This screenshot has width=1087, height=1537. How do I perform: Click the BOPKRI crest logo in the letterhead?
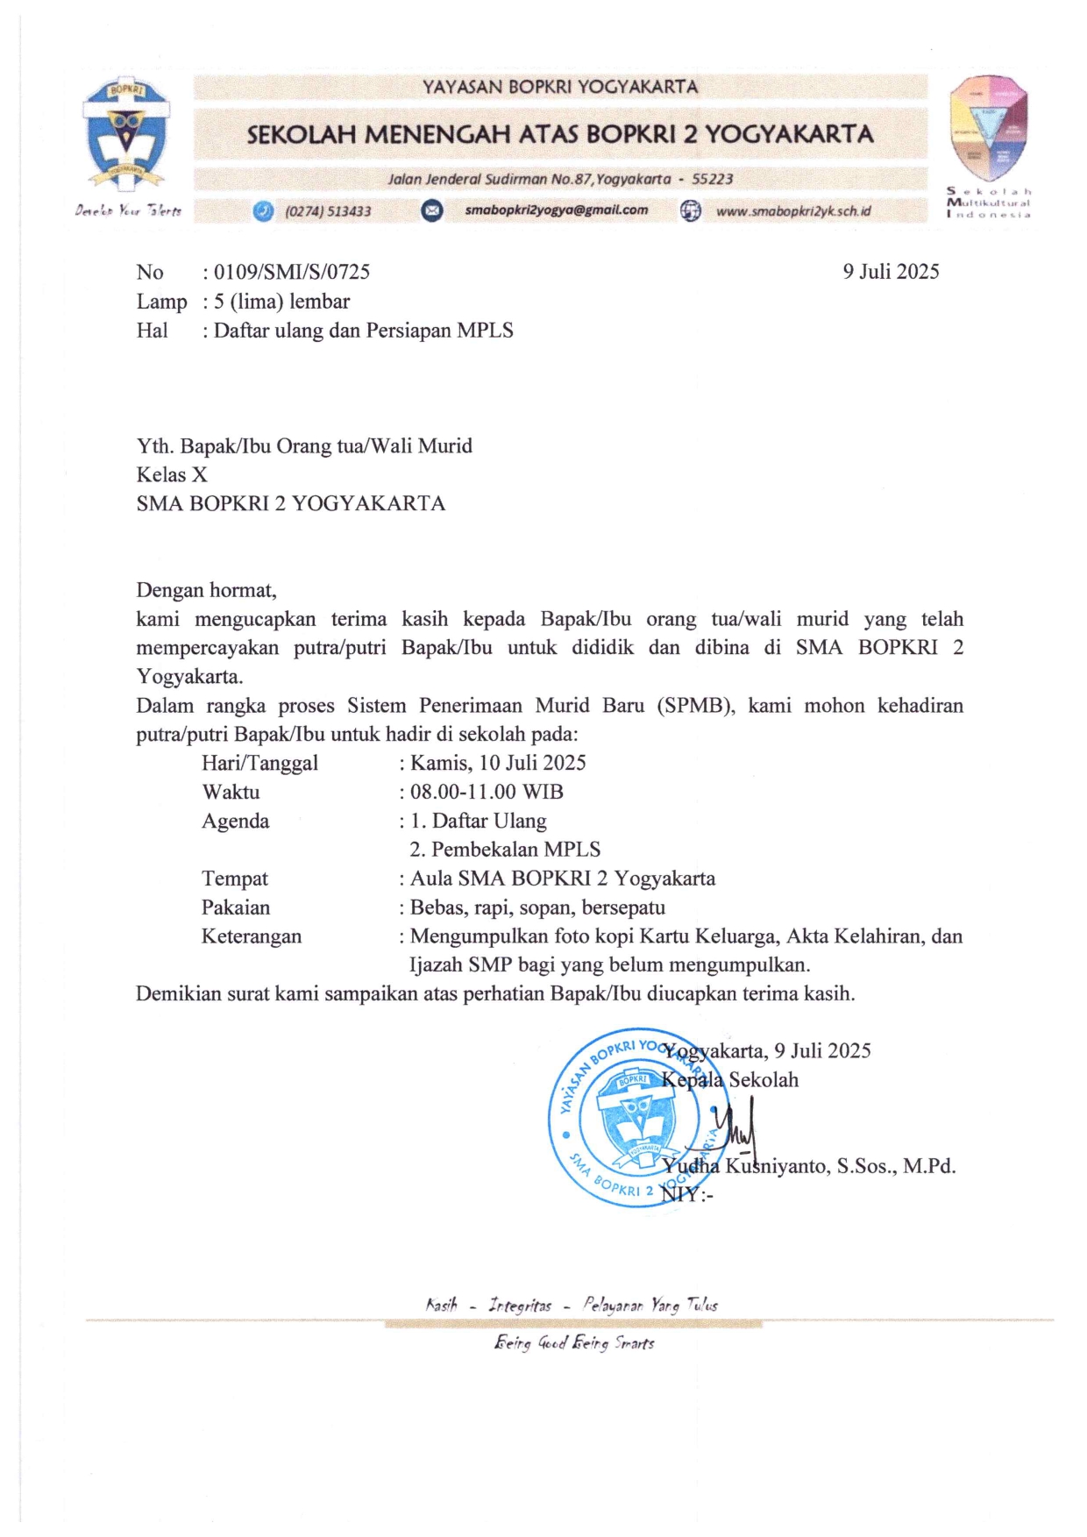pos(126,136)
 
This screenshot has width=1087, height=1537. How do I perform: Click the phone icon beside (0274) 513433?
pos(263,211)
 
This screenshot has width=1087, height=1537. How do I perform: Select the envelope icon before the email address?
pos(432,210)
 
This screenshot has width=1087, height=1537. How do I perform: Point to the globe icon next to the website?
pos(691,211)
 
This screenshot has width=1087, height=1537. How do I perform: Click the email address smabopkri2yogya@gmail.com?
pos(556,210)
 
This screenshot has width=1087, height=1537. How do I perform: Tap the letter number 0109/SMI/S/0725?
pos(291,272)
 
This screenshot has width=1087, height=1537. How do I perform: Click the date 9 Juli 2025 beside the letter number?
pos(891,272)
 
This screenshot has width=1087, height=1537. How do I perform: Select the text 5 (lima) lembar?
pos(281,302)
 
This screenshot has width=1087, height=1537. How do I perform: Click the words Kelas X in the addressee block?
pos(172,474)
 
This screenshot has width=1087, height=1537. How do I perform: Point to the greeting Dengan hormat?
pos(206,590)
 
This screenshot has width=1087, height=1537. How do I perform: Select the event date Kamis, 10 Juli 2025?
pos(498,763)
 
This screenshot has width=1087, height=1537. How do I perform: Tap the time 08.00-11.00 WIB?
pos(487,792)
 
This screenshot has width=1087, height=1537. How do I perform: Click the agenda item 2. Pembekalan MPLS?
pos(505,850)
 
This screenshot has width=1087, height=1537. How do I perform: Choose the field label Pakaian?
pos(236,907)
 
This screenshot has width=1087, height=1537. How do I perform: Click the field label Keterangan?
pos(252,936)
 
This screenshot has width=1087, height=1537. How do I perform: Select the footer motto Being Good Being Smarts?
pos(574,1343)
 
